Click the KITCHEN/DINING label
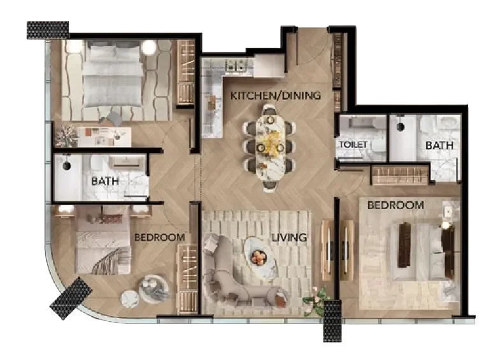pyautogui.click(x=275, y=96)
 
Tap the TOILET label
pyautogui.click(x=353, y=145)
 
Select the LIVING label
pyautogui.click(x=289, y=238)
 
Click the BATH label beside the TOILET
pyautogui.click(x=439, y=145)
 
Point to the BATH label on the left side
pyautogui.click(x=105, y=182)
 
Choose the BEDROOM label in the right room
pyautogui.click(x=395, y=205)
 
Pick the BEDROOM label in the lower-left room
pyautogui.click(x=159, y=238)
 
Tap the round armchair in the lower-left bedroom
pyautogui.click(x=153, y=288)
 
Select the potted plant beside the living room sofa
pyautogui.click(x=315, y=299)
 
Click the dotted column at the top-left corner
pyautogui.click(x=48, y=29)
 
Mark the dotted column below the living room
pyautogui.click(x=332, y=322)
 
